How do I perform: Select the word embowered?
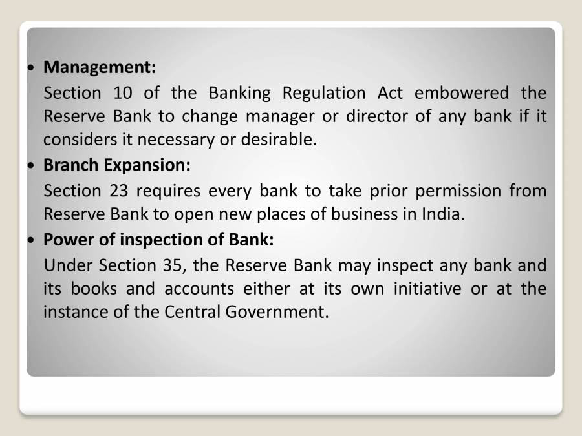[462, 93]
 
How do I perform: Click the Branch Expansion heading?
[116, 165]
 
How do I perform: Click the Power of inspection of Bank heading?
[158, 240]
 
